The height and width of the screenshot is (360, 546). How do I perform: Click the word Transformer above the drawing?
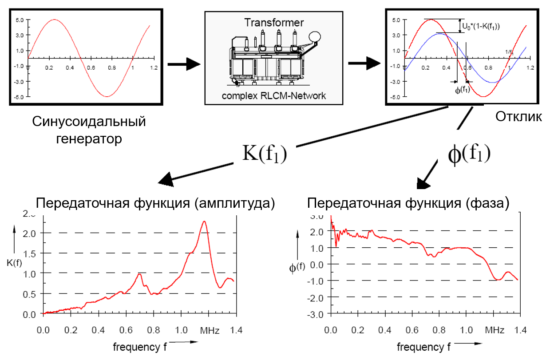click(x=274, y=22)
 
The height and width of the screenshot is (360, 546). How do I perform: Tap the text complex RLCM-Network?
click(x=273, y=95)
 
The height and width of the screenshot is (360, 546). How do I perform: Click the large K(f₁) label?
click(x=265, y=153)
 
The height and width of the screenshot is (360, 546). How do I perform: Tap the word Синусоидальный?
click(x=89, y=122)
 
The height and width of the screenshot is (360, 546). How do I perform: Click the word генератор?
click(x=89, y=139)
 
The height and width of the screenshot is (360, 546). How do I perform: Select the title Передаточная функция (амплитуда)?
click(x=156, y=204)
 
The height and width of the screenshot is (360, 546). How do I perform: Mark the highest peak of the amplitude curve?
click(x=204, y=221)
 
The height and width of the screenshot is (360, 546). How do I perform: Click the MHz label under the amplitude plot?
click(x=210, y=331)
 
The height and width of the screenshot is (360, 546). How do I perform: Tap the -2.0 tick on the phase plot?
click(x=318, y=297)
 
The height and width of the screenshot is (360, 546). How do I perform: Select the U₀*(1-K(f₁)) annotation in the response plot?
click(x=482, y=26)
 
